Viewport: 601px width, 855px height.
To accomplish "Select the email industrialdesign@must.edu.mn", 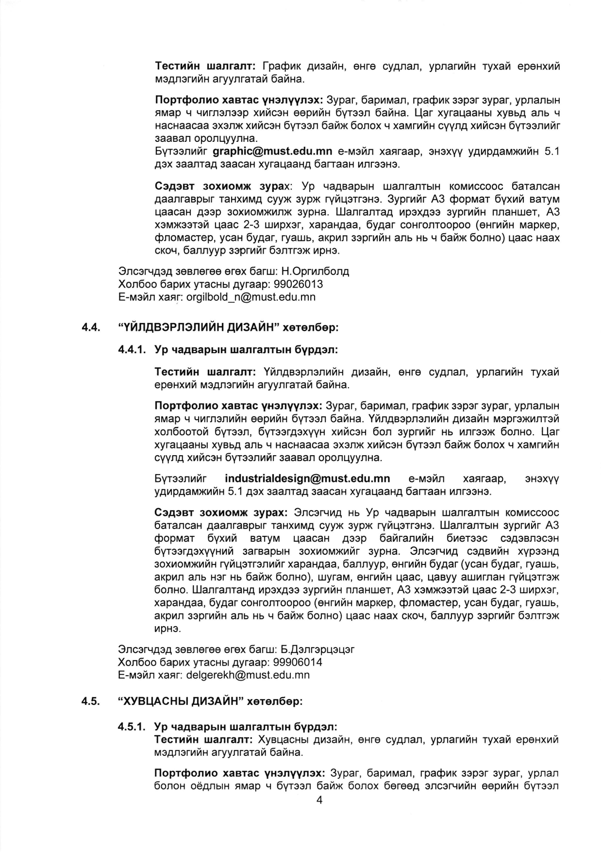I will click(x=307, y=479).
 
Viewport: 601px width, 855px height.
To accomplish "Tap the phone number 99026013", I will click(x=299, y=284).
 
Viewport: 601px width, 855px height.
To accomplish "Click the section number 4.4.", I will click(x=91, y=327).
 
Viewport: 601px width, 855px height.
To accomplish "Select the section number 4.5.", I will click(x=91, y=701).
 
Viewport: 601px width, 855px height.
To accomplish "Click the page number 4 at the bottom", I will click(x=319, y=801).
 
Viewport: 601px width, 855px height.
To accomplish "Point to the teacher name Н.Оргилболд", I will click(x=315, y=271).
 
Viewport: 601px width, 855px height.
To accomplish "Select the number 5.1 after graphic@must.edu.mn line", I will click(x=552, y=152).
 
